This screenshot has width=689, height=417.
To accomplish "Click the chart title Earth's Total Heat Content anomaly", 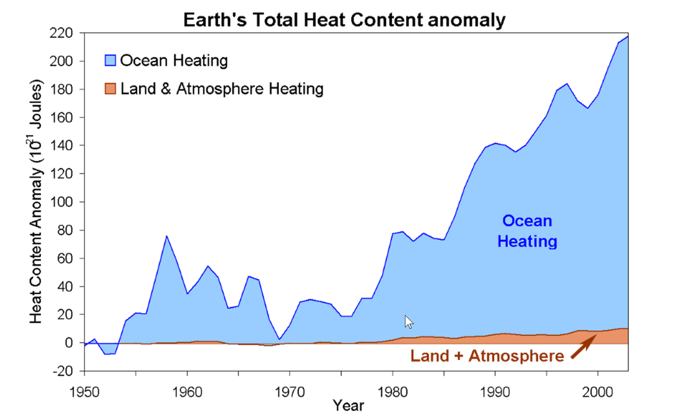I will [x=344, y=21].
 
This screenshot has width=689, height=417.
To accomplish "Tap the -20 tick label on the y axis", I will [x=63, y=371].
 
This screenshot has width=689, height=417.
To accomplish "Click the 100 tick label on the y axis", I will [x=63, y=202].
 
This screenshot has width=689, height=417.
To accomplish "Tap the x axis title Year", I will [x=348, y=405].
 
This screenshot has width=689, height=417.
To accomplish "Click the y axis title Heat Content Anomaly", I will [x=36, y=202].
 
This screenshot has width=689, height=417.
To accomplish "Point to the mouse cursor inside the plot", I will [x=409, y=322].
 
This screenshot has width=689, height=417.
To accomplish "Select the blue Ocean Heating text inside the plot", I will [x=527, y=231].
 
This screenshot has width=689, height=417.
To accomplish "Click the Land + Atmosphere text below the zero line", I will [x=487, y=356].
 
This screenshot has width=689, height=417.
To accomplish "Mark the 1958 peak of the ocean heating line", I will [x=166, y=236].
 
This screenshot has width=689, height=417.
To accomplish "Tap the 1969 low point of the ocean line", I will [x=279, y=339].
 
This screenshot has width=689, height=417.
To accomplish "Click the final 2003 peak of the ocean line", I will [x=628, y=36].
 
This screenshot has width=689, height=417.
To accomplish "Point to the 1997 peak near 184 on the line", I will [x=566, y=84].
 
